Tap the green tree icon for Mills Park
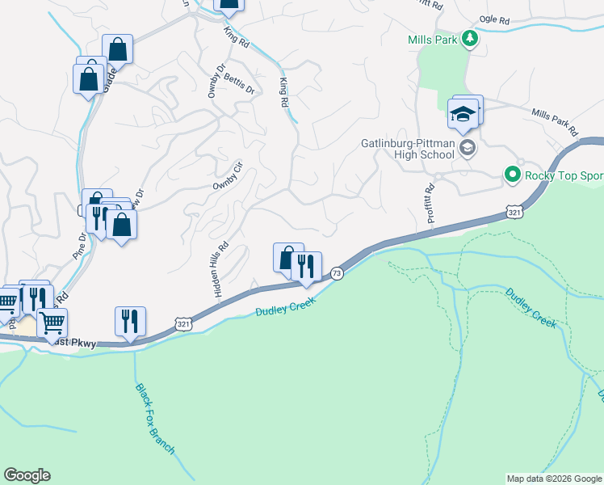point(468,38)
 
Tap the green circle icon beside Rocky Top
point(511,174)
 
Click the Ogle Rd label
point(494,19)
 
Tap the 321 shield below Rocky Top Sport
point(514,210)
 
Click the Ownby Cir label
point(227,180)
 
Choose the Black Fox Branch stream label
point(154,419)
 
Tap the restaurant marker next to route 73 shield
point(306,266)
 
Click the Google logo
point(27,475)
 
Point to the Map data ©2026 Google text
point(553,479)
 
